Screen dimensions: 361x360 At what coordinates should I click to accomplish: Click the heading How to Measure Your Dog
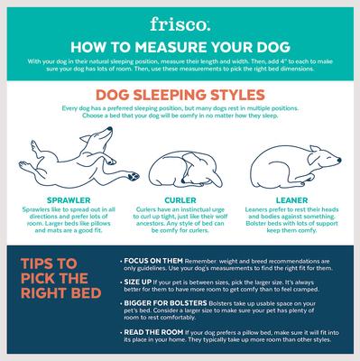tap(180, 45)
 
